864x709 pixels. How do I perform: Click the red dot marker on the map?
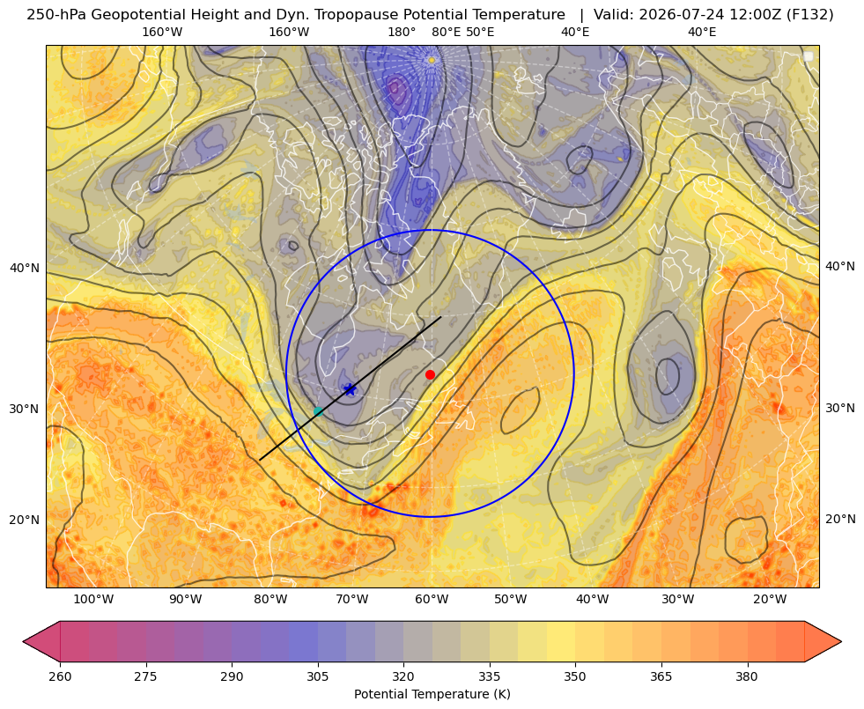pyautogui.click(x=430, y=374)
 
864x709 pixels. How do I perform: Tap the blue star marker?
pyautogui.click(x=350, y=390)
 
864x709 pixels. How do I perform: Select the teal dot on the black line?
pyautogui.click(x=318, y=411)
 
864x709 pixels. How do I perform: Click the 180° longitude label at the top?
pyautogui.click(x=402, y=32)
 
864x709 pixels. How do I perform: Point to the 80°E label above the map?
pyautogui.click(x=446, y=32)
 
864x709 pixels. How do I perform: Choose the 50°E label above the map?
pyautogui.click(x=480, y=32)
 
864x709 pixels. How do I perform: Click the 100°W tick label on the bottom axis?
pyautogui.click(x=93, y=600)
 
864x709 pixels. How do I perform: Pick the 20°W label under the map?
pyautogui.click(x=770, y=600)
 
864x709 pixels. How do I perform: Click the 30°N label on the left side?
pyautogui.click(x=25, y=409)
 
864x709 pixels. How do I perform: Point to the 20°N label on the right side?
pyautogui.click(x=840, y=519)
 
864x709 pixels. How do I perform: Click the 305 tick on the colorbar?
pyautogui.click(x=317, y=676)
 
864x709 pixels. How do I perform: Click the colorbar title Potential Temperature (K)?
pyautogui.click(x=432, y=694)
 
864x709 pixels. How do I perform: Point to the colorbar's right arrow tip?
pyautogui.click(x=841, y=641)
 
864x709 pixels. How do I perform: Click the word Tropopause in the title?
pyautogui.click(x=348, y=15)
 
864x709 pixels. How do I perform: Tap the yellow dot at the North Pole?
pyautogui.click(x=432, y=60)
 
